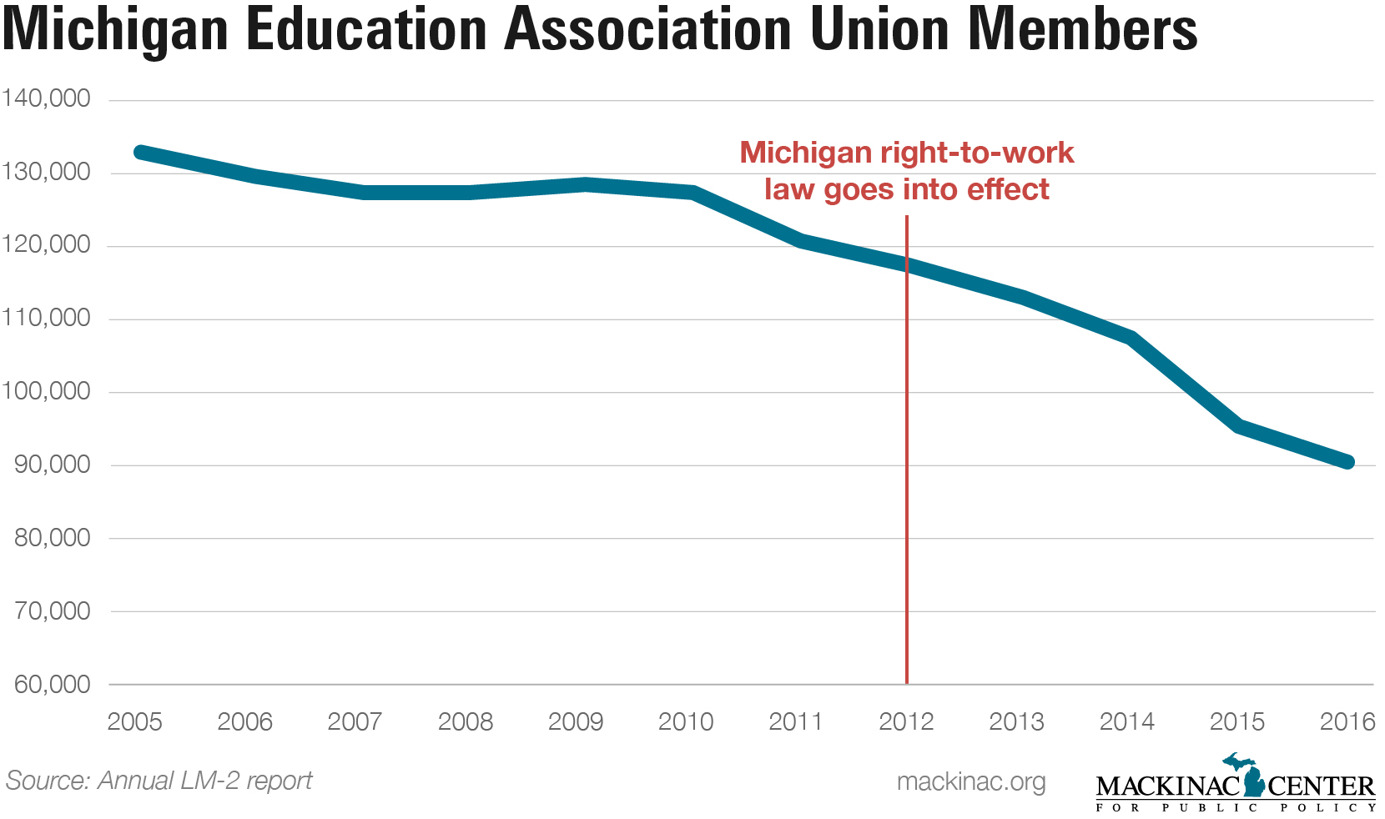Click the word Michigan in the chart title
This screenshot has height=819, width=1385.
[x=116, y=30]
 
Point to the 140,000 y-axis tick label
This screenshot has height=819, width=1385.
[x=46, y=98]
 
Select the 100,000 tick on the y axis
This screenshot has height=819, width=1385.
[x=46, y=391]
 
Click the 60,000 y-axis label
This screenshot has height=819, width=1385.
[x=52, y=684]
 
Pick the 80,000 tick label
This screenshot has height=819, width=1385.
[x=52, y=538]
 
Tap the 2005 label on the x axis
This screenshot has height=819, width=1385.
[x=135, y=721]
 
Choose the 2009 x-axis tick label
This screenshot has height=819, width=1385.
[x=576, y=721]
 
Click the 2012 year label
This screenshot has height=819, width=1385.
[x=906, y=721]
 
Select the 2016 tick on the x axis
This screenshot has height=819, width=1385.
[x=1347, y=721]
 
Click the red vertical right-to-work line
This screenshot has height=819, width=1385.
[x=907, y=500]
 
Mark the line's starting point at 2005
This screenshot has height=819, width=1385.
[x=139, y=153]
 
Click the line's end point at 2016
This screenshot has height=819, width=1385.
[x=1347, y=462]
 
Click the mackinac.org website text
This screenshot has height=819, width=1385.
[x=971, y=781]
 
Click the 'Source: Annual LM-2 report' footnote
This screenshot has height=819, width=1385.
[x=159, y=781]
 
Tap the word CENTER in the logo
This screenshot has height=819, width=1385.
[x=1321, y=786]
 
